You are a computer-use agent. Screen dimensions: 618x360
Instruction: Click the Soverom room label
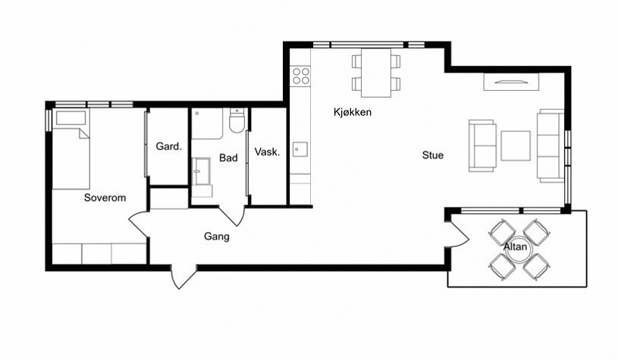[x=105, y=198]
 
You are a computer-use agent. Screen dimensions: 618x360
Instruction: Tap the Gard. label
[x=168, y=146]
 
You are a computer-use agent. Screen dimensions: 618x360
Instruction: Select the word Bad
[x=228, y=158]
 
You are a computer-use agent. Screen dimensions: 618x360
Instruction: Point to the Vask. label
[x=267, y=152]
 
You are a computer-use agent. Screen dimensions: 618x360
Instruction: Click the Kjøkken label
[x=353, y=112]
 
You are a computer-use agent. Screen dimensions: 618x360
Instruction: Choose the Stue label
[x=433, y=155]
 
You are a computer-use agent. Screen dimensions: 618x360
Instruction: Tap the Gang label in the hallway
[x=216, y=236]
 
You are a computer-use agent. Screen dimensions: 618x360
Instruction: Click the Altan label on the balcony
[x=515, y=247]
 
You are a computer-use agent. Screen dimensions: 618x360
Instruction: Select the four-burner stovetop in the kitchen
[x=301, y=76]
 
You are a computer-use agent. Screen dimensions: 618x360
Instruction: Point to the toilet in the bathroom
[x=237, y=121]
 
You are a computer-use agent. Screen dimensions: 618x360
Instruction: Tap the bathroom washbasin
[x=201, y=171]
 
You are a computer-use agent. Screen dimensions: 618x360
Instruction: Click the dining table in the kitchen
[x=376, y=73]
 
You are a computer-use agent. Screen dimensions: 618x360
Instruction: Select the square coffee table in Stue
[x=516, y=146]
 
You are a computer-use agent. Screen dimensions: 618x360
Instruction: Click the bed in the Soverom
[x=71, y=149]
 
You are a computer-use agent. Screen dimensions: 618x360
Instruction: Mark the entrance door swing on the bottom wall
[x=184, y=277]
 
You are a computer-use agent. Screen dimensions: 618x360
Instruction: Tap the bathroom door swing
[x=233, y=216]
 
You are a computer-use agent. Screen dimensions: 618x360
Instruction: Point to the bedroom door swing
[x=139, y=225]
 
